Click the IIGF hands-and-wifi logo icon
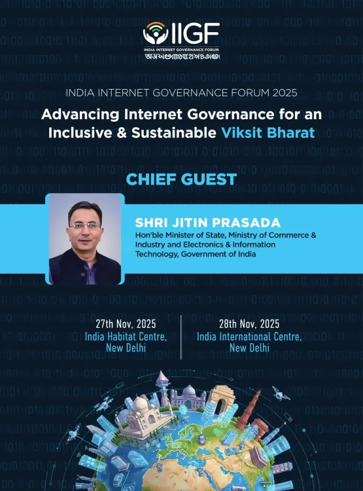[x=155, y=33]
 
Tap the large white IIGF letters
[x=194, y=33]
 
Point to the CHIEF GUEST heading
[x=181, y=179]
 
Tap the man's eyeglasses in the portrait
[x=85, y=225]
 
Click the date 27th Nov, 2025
[x=126, y=323]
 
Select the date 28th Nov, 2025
[x=249, y=323]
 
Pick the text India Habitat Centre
[x=126, y=336]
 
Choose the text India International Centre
[x=249, y=336]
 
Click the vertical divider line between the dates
[x=181, y=336]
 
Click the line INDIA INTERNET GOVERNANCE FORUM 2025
[x=181, y=94]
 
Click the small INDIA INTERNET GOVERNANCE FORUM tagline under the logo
[x=182, y=50]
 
